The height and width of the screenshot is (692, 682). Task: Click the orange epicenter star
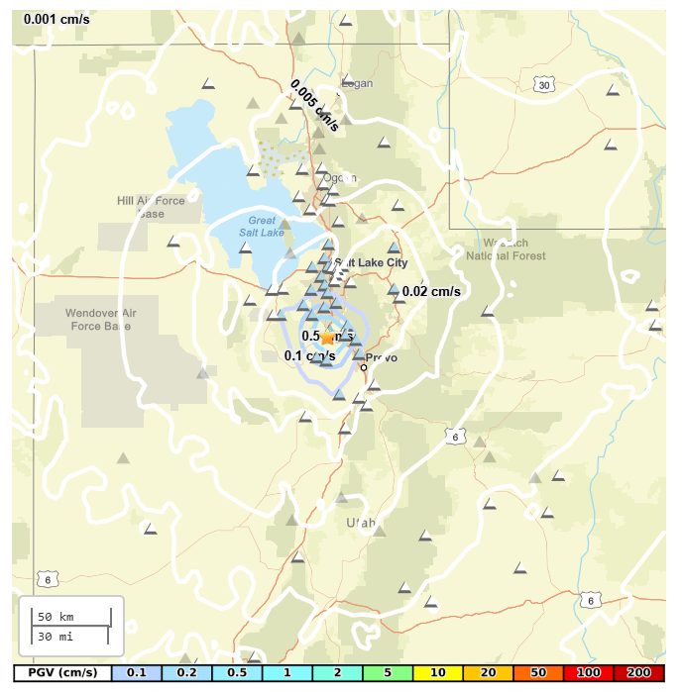tap(326, 338)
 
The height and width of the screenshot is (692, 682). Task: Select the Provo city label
tap(382, 357)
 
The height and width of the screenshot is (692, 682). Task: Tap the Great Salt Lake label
tap(262, 227)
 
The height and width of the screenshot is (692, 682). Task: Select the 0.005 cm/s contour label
tap(314, 106)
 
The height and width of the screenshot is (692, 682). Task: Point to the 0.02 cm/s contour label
tap(431, 291)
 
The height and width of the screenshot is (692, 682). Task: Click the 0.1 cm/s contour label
tap(309, 356)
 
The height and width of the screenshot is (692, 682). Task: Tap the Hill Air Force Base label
tap(151, 207)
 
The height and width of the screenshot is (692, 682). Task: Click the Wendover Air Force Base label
tap(98, 319)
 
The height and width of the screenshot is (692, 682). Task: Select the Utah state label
tap(362, 522)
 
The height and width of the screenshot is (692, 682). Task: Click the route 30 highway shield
tap(543, 86)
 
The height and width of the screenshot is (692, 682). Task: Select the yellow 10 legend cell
tap(432, 673)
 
